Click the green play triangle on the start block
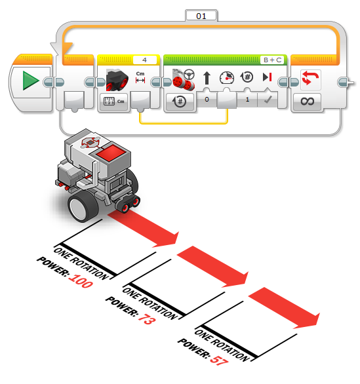pyautogui.click(x=31, y=81)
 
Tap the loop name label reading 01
pyautogui.click(x=201, y=16)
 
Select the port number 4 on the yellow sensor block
pyautogui.click(x=144, y=60)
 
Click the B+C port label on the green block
pyautogui.click(x=273, y=60)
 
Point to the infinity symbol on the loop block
pyautogui.click(x=307, y=101)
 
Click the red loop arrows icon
pyautogui.click(x=310, y=78)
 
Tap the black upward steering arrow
pyautogui.click(x=207, y=78)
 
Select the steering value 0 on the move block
pyautogui.click(x=207, y=100)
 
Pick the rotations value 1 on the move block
pyautogui.click(x=247, y=100)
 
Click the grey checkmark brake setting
pyautogui.click(x=268, y=100)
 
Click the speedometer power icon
pyautogui.click(x=227, y=78)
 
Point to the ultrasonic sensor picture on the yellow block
pyautogui.click(x=117, y=80)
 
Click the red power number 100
pyautogui.click(x=81, y=280)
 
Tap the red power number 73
pyautogui.click(x=147, y=318)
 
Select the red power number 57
pyautogui.click(x=219, y=360)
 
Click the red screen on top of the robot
pyautogui.click(x=111, y=153)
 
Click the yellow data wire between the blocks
pyautogui.click(x=184, y=123)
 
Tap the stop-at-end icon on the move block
pyautogui.click(x=267, y=77)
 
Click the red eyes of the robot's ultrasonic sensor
pyautogui.click(x=130, y=205)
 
